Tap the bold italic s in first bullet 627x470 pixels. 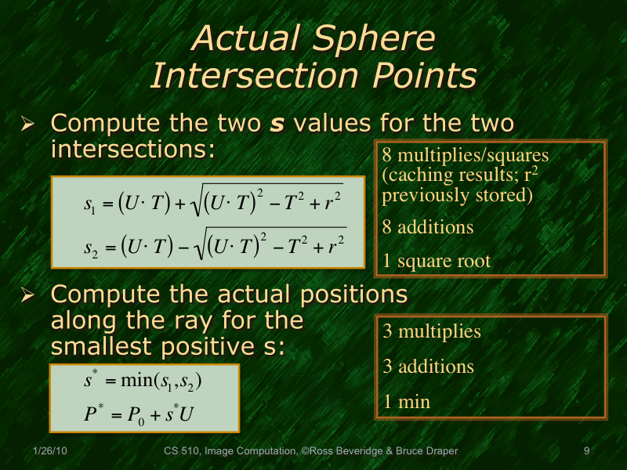click(277, 124)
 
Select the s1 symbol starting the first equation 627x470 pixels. click(89, 205)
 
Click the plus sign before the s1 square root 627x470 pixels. click(179, 204)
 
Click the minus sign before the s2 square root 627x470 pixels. click(179, 247)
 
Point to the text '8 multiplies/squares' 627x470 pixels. click(465, 154)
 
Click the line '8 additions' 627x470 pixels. click(428, 227)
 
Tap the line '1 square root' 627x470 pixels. click(437, 261)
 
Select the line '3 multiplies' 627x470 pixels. click(432, 331)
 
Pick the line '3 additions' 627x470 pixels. click(428, 367)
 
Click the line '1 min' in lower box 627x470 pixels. click(407, 402)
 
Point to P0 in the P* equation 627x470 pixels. click(130, 414)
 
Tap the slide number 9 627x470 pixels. click(586, 451)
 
